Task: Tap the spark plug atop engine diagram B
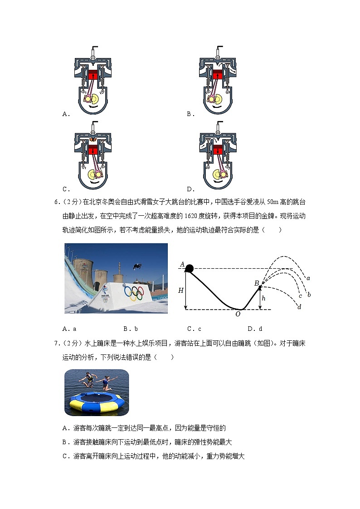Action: [218, 51]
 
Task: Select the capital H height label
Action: [180, 290]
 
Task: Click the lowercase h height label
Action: [264, 299]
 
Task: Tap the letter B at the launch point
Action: [256, 283]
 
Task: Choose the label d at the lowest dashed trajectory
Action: [299, 307]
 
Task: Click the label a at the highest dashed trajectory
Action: [308, 278]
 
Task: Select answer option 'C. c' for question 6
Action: [194, 329]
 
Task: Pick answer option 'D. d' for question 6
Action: [255, 329]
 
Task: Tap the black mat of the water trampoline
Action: [96, 398]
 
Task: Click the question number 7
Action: [57, 343]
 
